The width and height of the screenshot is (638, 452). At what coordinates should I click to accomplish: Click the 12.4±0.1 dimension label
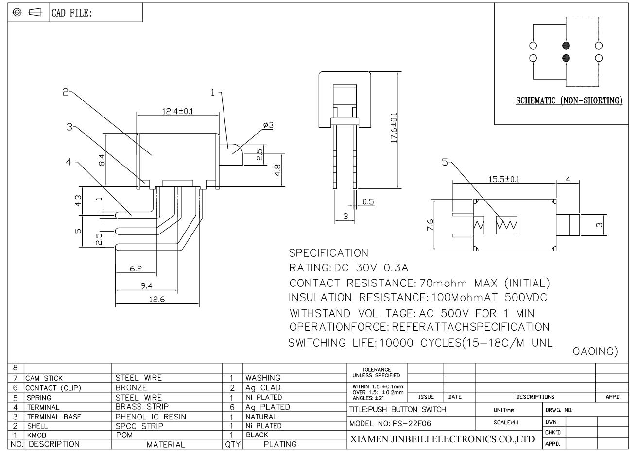pos(177,111)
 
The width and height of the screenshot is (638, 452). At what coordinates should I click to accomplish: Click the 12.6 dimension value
pos(157,300)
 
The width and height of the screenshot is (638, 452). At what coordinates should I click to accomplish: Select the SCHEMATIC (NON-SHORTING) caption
pos(569,101)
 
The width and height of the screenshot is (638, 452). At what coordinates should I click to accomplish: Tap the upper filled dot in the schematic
pos(566,46)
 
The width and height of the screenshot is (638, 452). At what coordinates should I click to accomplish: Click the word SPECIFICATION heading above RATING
pos(328,253)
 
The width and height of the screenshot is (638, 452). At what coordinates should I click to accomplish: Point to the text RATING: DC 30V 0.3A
pos(348,268)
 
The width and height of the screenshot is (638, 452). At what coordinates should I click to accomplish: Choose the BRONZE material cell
pos(131,388)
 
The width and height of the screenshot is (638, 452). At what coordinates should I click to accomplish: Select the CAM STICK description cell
pos(44,378)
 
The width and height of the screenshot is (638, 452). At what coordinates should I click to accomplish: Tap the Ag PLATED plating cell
pos(267,407)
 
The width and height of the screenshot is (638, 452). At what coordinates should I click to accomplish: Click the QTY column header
pos(232,444)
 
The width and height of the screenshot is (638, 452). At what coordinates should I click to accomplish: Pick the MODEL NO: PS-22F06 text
pos(390,423)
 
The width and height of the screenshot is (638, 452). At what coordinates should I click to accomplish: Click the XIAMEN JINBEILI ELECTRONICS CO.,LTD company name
pos(442,440)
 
